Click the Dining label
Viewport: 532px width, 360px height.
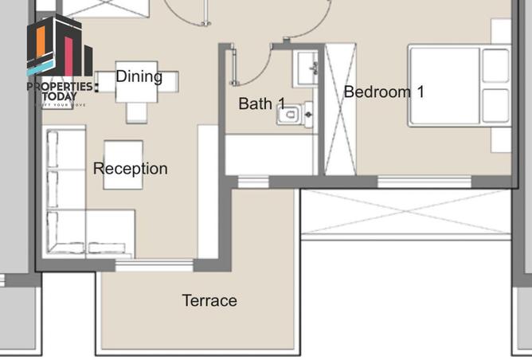(x=139, y=77)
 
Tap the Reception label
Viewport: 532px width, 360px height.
(x=130, y=169)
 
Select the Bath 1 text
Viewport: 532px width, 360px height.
(x=261, y=104)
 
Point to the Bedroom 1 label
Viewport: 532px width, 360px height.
(x=383, y=92)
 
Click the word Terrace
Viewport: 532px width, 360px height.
(x=209, y=301)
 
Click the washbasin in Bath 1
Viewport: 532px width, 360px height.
(x=306, y=68)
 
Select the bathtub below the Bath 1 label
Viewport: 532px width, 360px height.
(x=271, y=154)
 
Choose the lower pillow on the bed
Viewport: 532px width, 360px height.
(x=495, y=105)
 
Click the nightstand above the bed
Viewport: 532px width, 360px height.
(x=501, y=32)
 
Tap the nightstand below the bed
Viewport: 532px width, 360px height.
(x=501, y=140)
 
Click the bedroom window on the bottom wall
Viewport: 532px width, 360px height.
(x=412, y=182)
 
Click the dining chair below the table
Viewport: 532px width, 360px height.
(x=137, y=112)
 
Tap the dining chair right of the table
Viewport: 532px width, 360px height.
(x=169, y=81)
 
